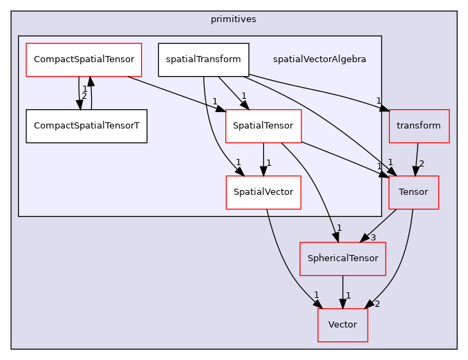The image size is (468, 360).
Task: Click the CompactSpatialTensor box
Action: tap(83, 59)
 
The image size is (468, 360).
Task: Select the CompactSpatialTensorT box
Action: tap(86, 126)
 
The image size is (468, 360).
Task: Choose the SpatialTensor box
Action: tap(263, 126)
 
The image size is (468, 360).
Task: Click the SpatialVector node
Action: tap(263, 192)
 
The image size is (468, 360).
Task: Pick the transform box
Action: tap(419, 126)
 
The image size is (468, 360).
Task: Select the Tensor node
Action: tap(413, 192)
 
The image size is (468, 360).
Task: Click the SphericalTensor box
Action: tap(342, 258)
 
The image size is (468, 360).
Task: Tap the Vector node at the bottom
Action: tap(342, 325)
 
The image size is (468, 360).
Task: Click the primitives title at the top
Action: tap(234, 19)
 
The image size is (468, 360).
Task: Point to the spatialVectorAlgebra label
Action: tap(319, 59)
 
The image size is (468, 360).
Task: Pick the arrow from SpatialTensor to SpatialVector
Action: tap(263, 159)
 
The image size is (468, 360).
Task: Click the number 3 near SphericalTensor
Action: tap(373, 238)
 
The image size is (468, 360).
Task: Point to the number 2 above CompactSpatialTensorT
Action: tap(84, 96)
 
